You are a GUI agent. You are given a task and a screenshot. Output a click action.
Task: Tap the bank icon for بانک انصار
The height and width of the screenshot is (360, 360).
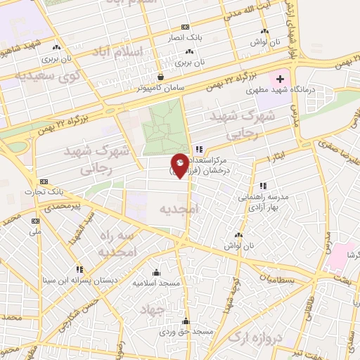pos(185,27)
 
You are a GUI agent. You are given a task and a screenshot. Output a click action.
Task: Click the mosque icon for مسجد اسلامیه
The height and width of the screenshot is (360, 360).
pos(156,272)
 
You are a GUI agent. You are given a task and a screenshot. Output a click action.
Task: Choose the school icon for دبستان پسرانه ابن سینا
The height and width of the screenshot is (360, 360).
pos(79,269)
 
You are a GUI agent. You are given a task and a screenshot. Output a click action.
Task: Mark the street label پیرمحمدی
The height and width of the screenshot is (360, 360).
pos(56,207)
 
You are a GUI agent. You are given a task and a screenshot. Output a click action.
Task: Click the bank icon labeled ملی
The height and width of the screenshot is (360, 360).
pos(34,220)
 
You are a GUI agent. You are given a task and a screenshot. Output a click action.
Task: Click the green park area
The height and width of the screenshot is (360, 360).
pos(166,127)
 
